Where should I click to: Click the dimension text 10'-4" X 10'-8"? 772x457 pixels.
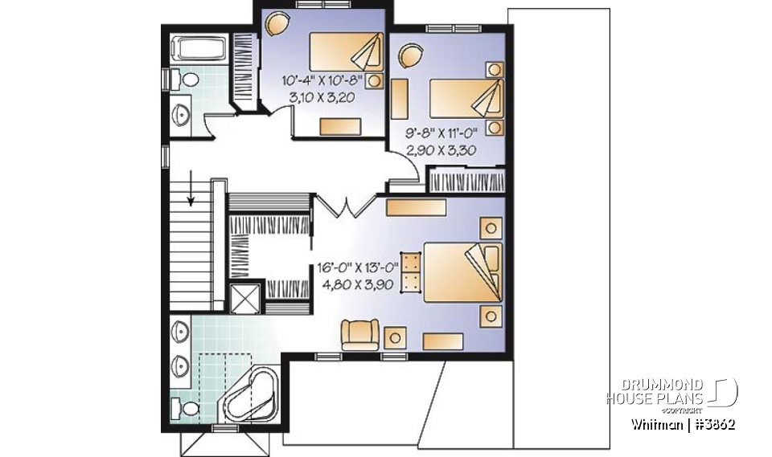(322, 80)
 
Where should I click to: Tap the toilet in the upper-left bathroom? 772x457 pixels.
(188, 80)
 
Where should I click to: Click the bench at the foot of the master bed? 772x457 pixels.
(411, 270)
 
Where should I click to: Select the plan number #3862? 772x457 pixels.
(714, 425)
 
